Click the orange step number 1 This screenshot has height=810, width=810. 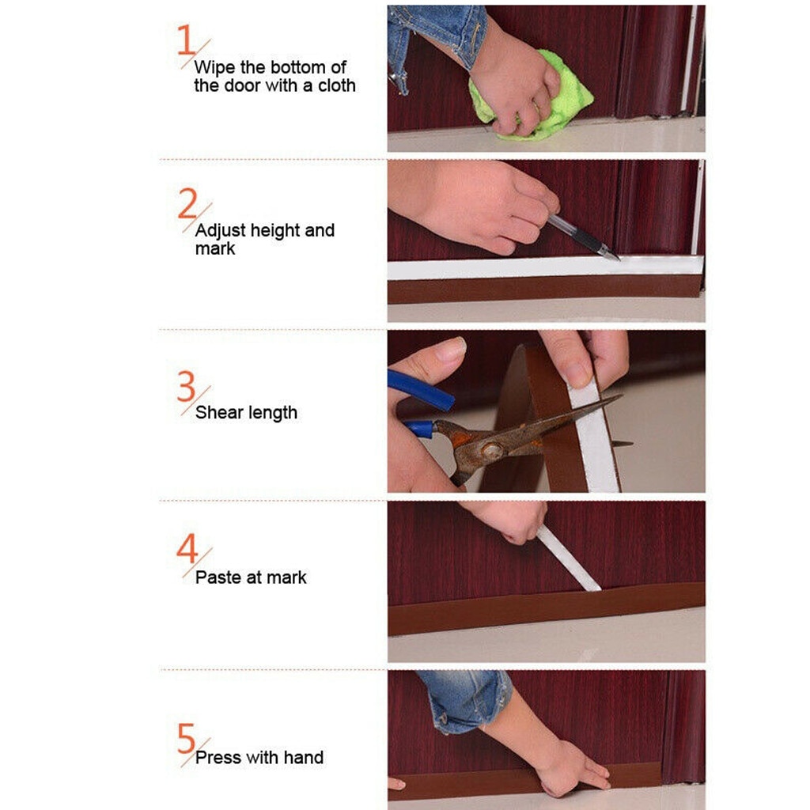click(186, 40)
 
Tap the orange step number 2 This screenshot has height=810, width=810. click(187, 204)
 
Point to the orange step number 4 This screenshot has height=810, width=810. click(187, 548)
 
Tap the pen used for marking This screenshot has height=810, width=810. click(581, 237)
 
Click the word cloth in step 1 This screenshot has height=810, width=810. click(337, 85)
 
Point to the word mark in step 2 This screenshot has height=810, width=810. click(214, 248)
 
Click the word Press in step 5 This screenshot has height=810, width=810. click(218, 757)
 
